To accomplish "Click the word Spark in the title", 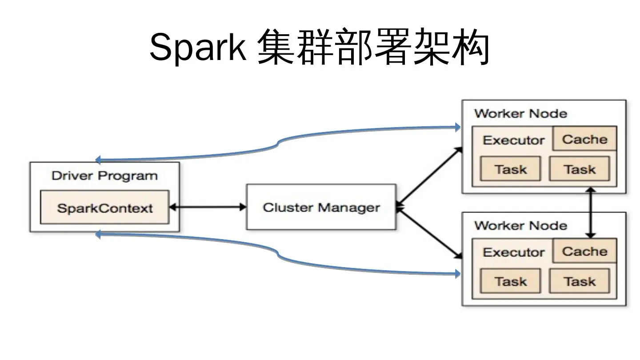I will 197,48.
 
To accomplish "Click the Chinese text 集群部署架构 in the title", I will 373,48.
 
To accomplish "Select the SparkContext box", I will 105,208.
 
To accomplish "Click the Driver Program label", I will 104,176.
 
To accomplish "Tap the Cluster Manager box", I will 321,208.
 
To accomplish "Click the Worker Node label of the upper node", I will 520,113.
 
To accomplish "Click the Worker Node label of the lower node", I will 520,225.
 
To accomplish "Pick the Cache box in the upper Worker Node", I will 584,139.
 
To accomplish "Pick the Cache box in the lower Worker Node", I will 584,251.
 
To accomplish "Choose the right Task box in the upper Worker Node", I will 580,169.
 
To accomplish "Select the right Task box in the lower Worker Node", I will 580,281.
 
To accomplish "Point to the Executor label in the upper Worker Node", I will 513,140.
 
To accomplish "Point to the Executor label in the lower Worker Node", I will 513,252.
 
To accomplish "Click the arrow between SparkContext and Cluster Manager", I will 208,207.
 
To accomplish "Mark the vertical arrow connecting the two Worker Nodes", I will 591,212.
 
